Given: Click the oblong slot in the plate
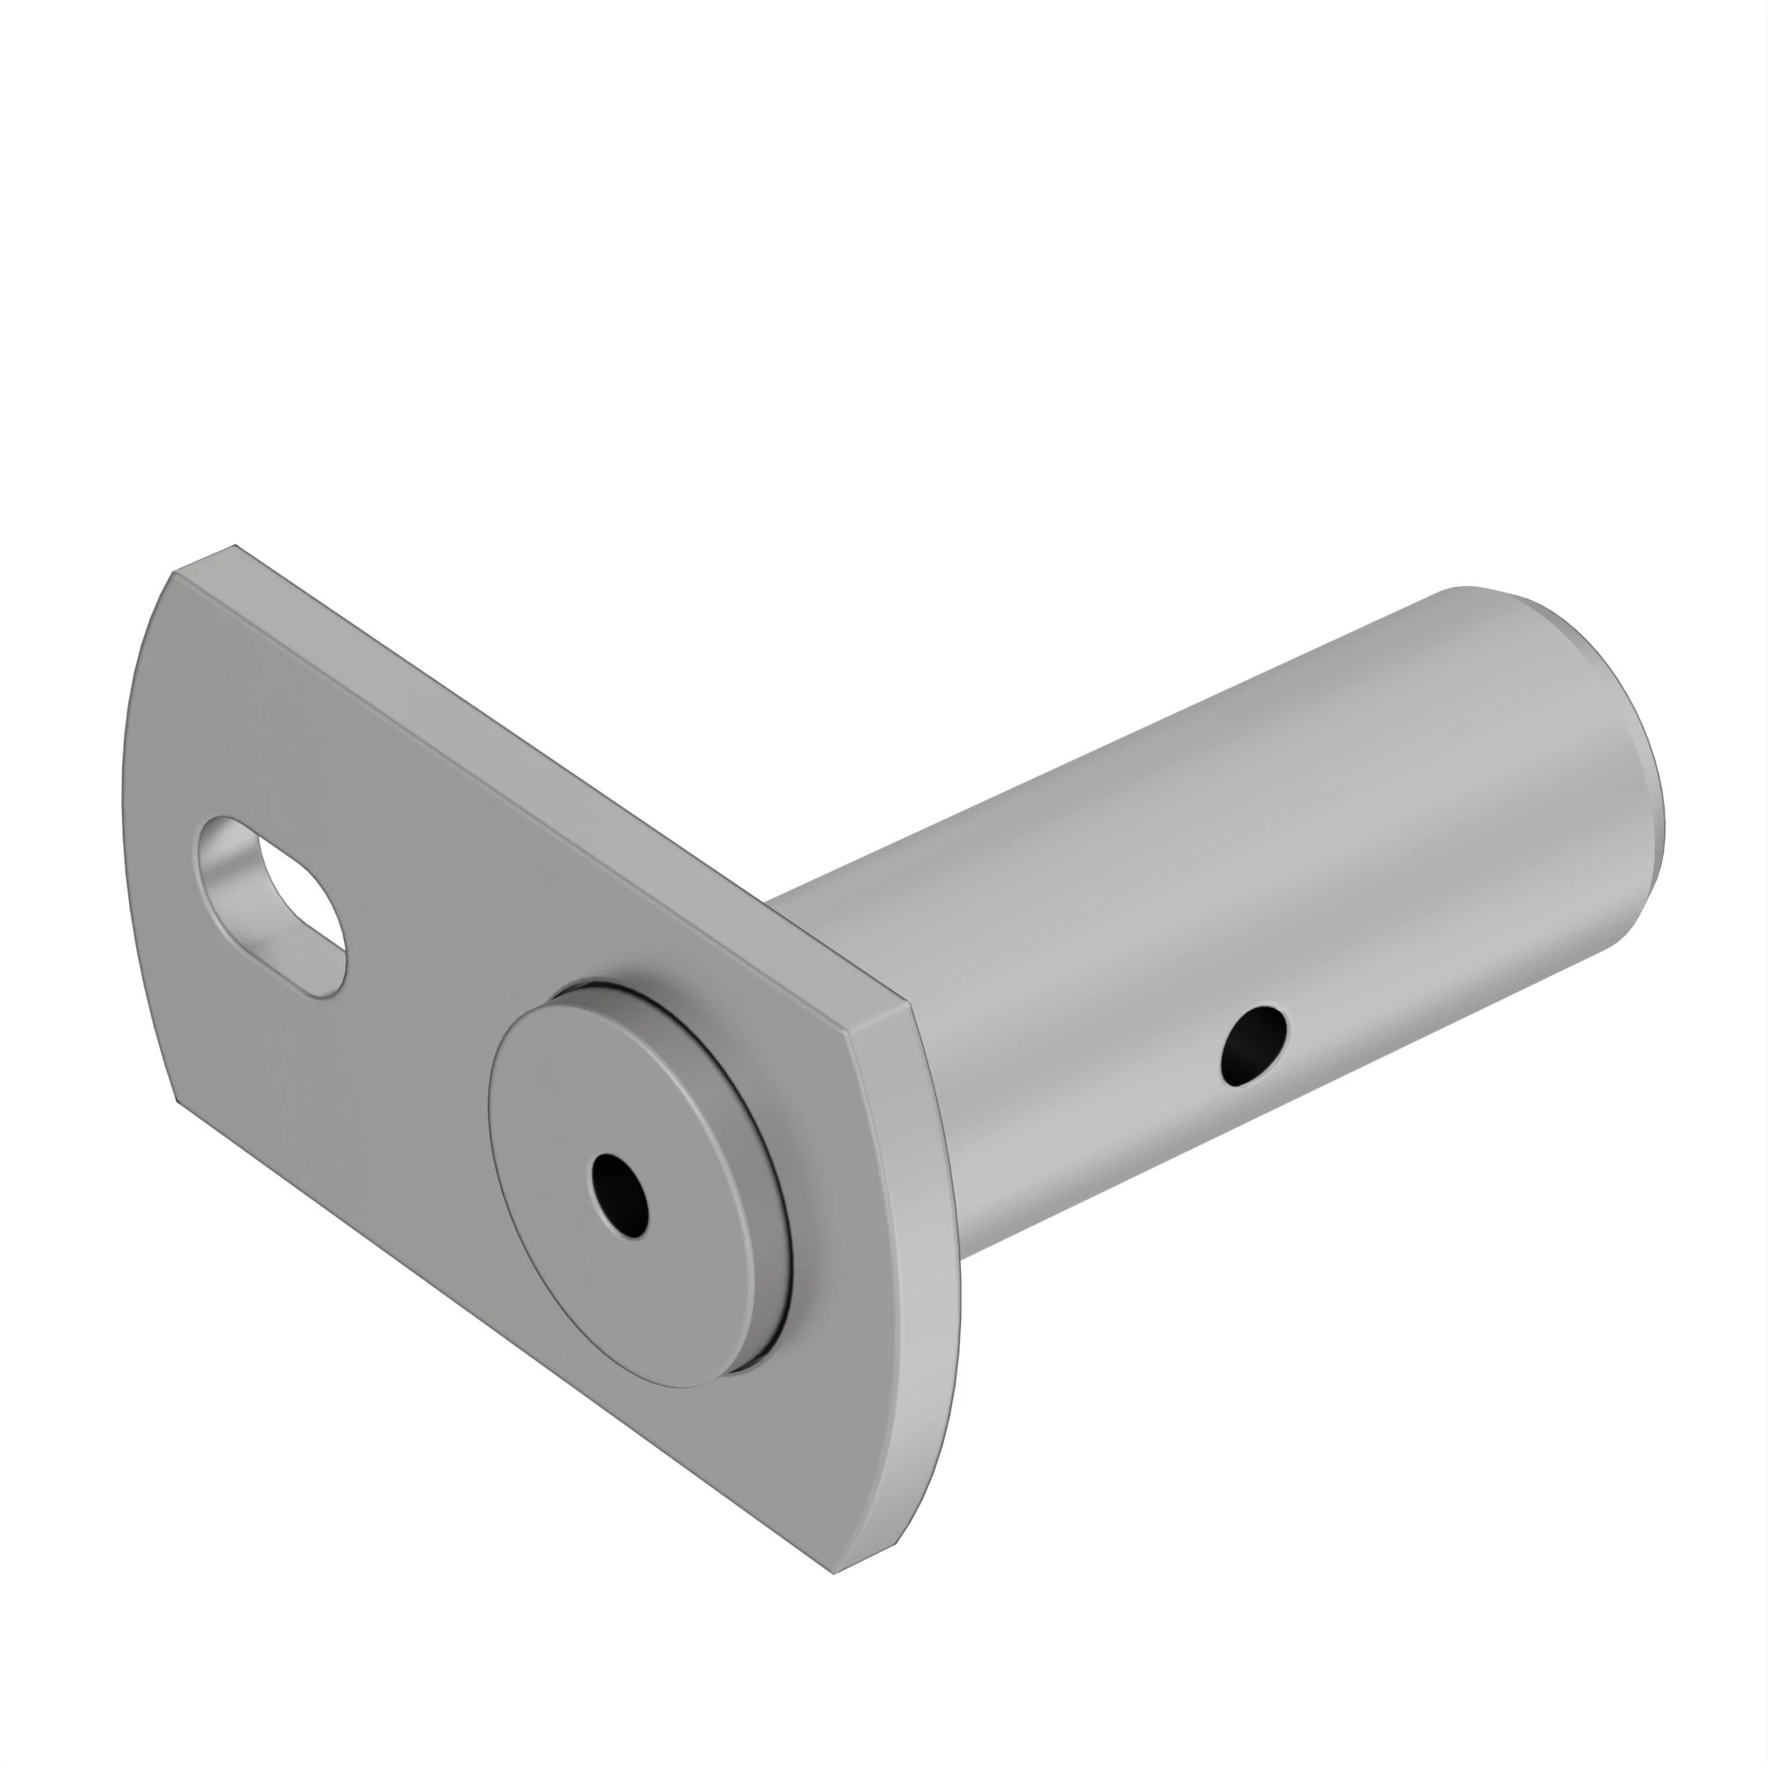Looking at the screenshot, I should pyautogui.click(x=272, y=905).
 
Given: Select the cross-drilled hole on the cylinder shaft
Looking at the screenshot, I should pyautogui.click(x=1254, y=1045).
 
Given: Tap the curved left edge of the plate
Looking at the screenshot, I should pyautogui.click(x=128, y=824).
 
